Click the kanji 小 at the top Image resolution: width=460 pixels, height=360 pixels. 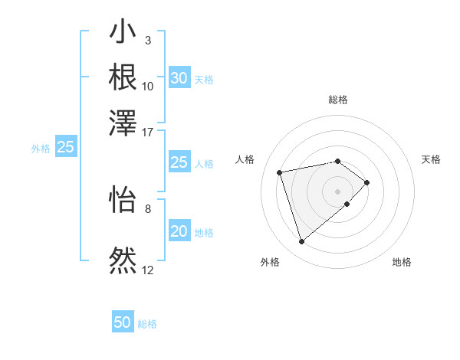(123, 34)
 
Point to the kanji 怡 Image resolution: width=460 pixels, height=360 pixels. (123, 198)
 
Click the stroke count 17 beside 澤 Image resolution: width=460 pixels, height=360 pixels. (148, 132)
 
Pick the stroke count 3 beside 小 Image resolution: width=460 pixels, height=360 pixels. (147, 40)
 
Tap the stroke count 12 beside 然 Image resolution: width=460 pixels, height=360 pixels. (148, 270)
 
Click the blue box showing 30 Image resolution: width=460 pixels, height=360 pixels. (179, 78)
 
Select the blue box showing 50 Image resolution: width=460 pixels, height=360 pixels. (123, 322)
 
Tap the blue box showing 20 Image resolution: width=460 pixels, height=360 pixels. (179, 232)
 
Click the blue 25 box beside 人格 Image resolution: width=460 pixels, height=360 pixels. (179, 162)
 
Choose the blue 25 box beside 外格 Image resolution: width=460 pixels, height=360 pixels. (65, 147)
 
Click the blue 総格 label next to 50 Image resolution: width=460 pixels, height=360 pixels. (147, 324)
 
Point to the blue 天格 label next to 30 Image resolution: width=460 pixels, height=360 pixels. (204, 80)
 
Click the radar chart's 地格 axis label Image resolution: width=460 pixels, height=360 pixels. (402, 262)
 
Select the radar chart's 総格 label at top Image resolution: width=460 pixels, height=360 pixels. (338, 100)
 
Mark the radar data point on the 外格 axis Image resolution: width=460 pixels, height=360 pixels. (301, 242)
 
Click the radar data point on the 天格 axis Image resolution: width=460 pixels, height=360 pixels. (367, 182)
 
